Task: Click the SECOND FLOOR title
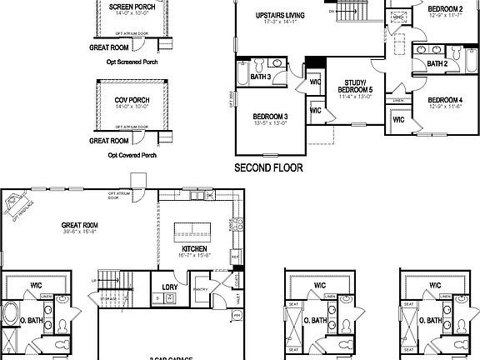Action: (268, 167)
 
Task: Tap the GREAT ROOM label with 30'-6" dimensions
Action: (80, 225)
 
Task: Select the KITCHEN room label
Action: (194, 249)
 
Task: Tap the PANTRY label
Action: (199, 289)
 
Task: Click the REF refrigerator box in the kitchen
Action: (236, 257)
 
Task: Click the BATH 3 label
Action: (261, 77)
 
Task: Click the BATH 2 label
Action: (437, 63)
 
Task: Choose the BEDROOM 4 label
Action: (445, 100)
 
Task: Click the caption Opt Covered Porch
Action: (132, 154)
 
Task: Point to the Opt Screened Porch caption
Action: (132, 62)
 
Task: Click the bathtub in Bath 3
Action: (242, 77)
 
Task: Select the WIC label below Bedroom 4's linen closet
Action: (398, 119)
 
